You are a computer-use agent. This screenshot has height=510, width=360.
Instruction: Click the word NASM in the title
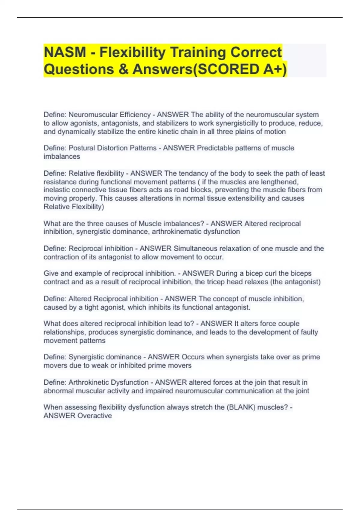pyautogui.click(x=65, y=52)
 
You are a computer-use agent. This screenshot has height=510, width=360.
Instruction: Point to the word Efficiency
pyautogui.click(x=135, y=115)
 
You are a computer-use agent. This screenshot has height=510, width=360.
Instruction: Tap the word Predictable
pyautogui.click(x=215, y=148)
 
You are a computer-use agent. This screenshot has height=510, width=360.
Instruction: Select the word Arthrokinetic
pyautogui.click(x=109, y=382)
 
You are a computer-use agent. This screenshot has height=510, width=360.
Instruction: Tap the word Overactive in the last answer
pyautogui.click(x=95, y=415)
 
